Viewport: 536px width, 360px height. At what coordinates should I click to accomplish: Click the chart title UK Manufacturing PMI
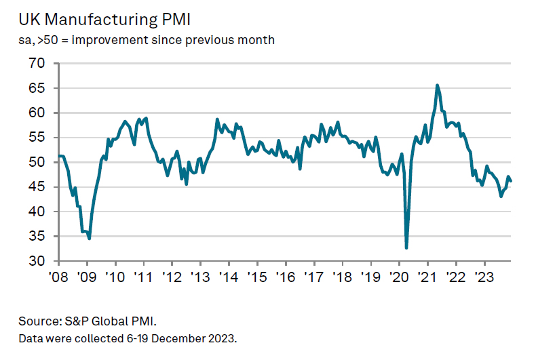pos(95,18)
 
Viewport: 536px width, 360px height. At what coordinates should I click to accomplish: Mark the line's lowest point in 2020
pos(406,247)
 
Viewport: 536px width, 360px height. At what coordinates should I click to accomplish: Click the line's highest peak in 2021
pos(437,85)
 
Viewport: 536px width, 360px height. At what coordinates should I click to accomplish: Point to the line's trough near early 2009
pos(90,239)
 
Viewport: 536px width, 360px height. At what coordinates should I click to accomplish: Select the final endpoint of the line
pos(511,181)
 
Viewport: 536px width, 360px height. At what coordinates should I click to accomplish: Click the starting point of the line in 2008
pos(60,156)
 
